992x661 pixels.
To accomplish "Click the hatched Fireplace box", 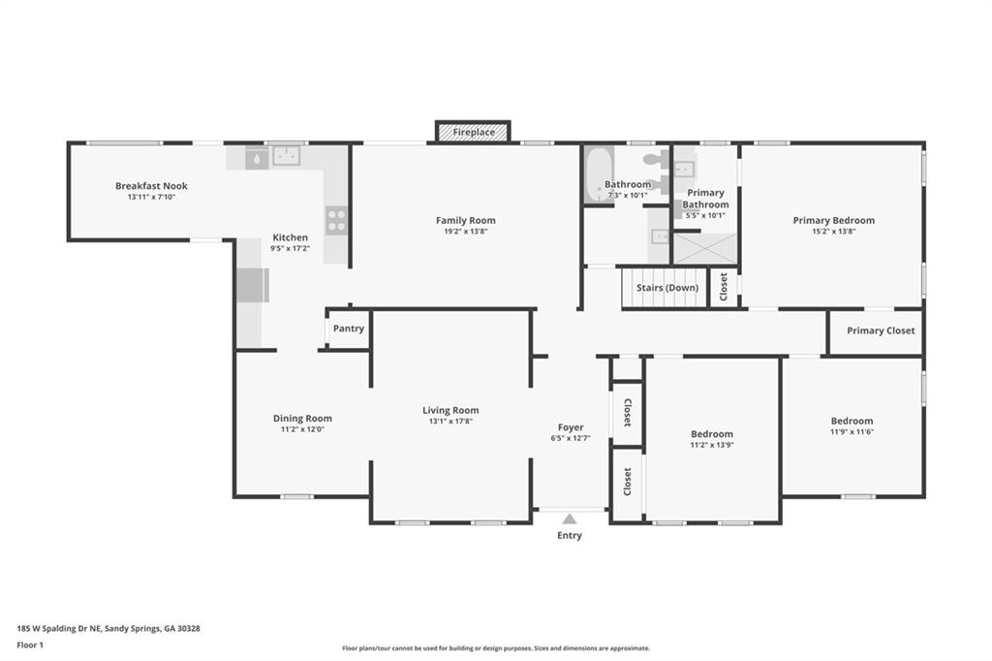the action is [x=473, y=132].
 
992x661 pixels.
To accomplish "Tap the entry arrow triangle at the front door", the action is [x=570, y=519].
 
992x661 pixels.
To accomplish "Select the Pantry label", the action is [x=349, y=329].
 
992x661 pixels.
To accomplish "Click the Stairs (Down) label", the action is [x=667, y=288].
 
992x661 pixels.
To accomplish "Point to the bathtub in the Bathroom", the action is [x=597, y=174].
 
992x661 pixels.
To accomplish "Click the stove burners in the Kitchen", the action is [x=336, y=220].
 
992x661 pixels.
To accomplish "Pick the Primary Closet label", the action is [x=881, y=330].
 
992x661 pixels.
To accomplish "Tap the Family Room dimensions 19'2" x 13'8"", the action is [x=466, y=232].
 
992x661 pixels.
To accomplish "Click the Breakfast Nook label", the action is [x=151, y=185].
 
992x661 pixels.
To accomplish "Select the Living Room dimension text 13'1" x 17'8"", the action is [x=450, y=421].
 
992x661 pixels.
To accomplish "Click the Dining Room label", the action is [x=302, y=418].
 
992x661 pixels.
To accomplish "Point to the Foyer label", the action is [x=571, y=427].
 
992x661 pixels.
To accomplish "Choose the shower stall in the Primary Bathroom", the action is [x=705, y=248].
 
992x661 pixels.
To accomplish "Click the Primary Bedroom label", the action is [x=834, y=220].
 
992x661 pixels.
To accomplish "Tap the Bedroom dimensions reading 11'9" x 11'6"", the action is [x=852, y=432].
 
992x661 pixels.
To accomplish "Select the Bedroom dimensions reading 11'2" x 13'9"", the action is [x=712, y=445].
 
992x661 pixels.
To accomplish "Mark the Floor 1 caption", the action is [x=30, y=645].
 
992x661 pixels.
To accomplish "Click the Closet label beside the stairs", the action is [x=724, y=287].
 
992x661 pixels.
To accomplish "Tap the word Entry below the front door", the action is [x=570, y=536].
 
